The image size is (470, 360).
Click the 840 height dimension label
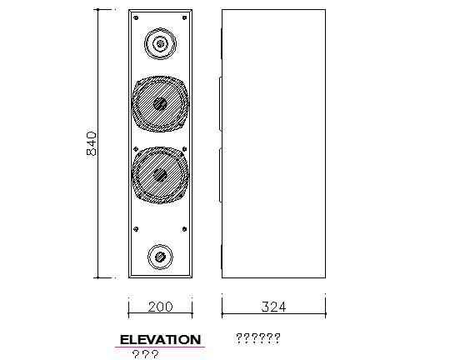(x=92, y=143)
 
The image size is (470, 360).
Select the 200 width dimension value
(x=160, y=307)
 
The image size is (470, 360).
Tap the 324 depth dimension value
(x=273, y=307)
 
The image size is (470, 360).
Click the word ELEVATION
(x=160, y=339)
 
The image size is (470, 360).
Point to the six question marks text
(x=258, y=338)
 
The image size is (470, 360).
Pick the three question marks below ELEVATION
(x=145, y=354)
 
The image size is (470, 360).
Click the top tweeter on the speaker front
(x=160, y=43)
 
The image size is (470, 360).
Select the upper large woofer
(x=161, y=103)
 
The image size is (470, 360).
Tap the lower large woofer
(x=161, y=176)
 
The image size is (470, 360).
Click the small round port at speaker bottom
(x=160, y=256)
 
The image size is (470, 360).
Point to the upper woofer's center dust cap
(x=161, y=103)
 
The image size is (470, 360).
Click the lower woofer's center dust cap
(x=161, y=176)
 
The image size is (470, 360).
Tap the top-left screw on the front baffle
(x=136, y=16)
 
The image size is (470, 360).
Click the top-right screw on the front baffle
(x=185, y=16)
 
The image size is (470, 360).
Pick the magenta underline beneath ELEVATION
(x=160, y=347)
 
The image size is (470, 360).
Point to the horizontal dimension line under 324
(x=273, y=315)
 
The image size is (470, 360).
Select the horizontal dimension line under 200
(x=160, y=315)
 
